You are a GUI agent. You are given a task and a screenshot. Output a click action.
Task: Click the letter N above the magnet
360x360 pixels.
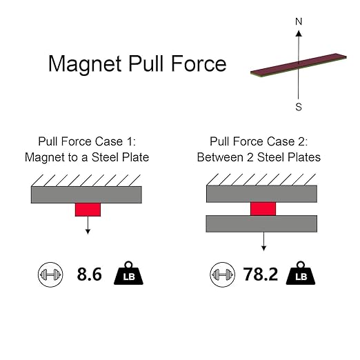point(299,21)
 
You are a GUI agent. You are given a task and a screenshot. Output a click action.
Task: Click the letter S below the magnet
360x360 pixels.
point(299,107)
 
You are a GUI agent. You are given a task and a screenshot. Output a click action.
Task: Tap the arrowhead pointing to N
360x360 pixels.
point(299,33)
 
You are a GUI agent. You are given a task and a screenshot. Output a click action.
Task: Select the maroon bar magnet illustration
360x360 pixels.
point(299,66)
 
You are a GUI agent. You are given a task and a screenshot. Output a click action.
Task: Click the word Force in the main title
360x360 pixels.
point(199,63)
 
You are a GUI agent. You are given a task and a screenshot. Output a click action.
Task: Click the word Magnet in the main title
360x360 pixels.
point(85,65)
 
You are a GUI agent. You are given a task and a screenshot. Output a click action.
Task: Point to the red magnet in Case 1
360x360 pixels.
point(88,210)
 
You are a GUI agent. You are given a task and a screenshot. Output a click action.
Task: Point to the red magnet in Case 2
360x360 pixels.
point(263,209)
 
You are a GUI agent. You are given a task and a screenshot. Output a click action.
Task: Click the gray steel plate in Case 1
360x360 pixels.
point(86,194)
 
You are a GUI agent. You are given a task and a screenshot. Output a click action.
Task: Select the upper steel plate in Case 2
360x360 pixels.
point(261,194)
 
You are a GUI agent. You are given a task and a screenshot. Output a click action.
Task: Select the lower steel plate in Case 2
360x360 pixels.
point(261,223)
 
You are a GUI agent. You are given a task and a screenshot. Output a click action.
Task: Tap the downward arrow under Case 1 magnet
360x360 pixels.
point(88,225)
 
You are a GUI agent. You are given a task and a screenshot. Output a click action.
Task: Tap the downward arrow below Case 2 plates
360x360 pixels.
point(263,241)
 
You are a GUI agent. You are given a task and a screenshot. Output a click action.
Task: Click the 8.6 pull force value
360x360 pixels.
point(89,274)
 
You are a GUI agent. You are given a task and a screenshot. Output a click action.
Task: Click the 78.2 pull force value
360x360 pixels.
point(261,274)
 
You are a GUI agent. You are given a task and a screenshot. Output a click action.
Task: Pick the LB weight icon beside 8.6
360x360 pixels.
point(128,273)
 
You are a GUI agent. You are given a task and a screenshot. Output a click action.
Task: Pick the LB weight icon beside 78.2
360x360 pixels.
point(301,273)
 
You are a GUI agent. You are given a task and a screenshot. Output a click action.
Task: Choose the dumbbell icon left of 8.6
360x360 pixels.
point(50,274)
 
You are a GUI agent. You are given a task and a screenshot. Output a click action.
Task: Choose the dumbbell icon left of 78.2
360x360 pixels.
point(222,274)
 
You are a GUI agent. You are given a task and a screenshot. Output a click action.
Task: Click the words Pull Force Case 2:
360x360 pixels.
point(259,141)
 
